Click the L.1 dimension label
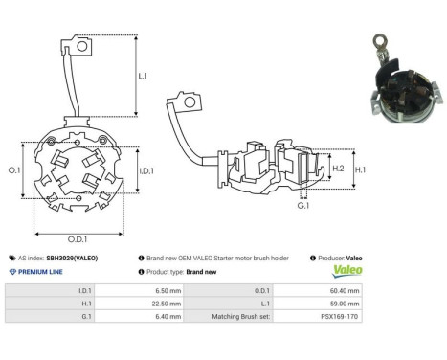point(144,75)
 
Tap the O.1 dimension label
point(14,169)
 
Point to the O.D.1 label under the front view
point(79,240)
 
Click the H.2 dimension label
point(338,169)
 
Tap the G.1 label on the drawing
point(303,205)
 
